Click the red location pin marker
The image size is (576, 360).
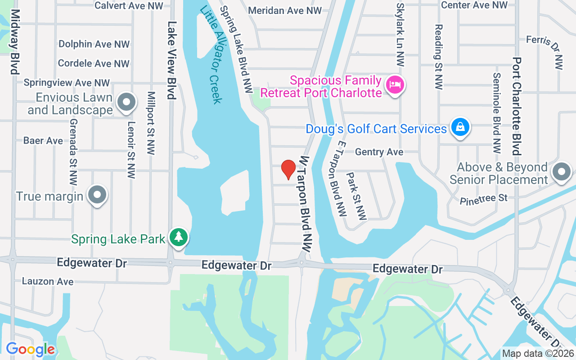[288, 169]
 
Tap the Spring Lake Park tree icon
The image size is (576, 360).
[179, 237]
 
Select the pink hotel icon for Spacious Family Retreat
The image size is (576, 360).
[396, 84]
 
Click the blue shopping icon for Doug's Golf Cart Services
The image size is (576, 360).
[460, 127]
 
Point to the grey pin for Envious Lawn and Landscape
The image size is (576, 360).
[126, 102]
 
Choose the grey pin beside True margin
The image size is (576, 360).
[97, 195]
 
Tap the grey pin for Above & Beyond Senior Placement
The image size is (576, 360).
[561, 172]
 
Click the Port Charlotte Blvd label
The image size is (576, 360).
[517, 106]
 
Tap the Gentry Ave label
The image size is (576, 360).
[379, 152]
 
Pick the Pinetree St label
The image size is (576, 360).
[483, 199]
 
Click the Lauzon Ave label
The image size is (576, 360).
[48, 282]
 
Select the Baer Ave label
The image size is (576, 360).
[43, 141]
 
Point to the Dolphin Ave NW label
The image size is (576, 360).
[94, 44]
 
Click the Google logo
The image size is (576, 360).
[30, 349]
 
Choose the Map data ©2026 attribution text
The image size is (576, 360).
[538, 354]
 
